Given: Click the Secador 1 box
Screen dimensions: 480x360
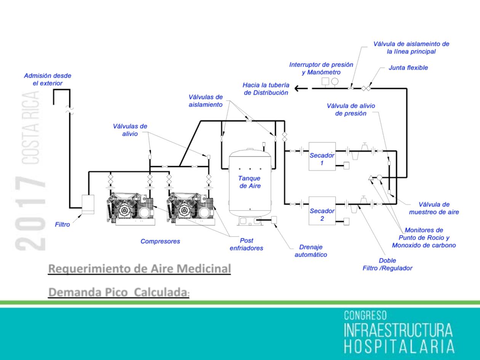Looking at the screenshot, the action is tap(322, 156).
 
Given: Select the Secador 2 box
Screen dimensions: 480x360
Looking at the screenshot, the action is tap(322, 211).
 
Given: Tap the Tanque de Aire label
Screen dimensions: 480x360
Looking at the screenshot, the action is tap(250, 182).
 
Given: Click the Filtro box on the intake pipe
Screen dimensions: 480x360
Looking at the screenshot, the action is tap(88, 204).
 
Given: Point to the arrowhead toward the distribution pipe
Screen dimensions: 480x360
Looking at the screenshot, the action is tap(297, 88).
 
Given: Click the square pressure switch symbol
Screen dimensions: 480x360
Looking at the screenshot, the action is tap(325, 81).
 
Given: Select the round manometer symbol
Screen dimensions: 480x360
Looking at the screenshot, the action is tap(334, 81).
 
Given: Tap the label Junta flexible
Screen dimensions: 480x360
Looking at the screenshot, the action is tap(408, 68).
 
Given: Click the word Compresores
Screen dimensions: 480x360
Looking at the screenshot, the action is tap(160, 241).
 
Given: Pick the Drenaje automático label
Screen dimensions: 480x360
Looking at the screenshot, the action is tap(311, 251).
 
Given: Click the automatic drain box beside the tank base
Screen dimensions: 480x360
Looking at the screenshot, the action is tap(274, 220).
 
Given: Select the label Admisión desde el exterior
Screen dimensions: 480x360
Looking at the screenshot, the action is tap(48, 79).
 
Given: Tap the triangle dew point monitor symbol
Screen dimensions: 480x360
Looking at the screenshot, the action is tap(371, 178).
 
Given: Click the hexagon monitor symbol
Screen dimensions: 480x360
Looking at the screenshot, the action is tap(379, 178).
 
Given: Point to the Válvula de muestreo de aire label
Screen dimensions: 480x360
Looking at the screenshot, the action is tap(434, 208).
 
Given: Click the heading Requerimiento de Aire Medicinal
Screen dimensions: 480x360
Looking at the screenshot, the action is tap(139, 269).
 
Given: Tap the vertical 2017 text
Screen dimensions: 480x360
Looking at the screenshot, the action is tap(30, 213).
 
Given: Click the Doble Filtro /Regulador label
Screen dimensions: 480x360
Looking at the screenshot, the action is tap(387, 264).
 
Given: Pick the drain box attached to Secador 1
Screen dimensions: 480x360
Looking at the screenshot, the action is tap(346, 165).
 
